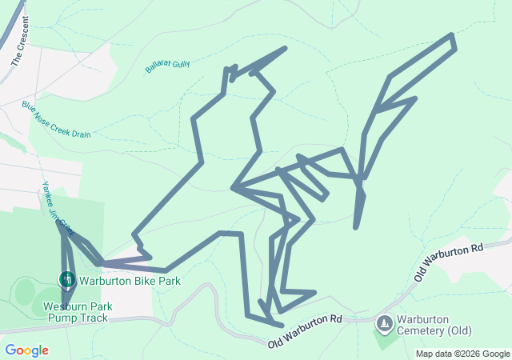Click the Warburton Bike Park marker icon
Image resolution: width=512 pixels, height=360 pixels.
67,279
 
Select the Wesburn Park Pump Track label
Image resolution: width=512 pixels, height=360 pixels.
78,312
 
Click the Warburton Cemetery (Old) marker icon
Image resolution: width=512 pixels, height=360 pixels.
384,323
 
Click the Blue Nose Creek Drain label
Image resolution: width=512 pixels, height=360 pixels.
56,119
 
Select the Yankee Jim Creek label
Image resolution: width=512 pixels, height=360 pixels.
57,207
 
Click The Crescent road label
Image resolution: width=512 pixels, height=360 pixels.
20,40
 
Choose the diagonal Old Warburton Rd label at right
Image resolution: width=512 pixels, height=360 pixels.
450,262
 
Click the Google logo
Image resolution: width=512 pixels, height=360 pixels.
26,350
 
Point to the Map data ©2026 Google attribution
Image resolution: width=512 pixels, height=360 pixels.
462,354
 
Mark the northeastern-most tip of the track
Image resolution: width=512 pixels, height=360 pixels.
453,35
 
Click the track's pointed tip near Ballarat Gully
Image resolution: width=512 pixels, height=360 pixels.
285,48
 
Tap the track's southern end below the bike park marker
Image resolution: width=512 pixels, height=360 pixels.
66,302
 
